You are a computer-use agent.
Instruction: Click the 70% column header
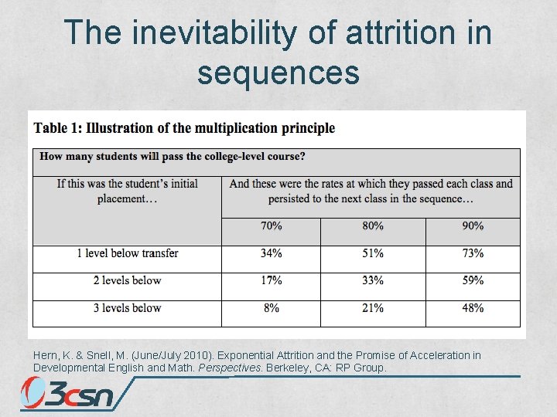click(271, 226)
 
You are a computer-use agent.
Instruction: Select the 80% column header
click(372, 226)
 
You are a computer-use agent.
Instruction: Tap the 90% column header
click(473, 226)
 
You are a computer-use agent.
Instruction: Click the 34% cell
click(271, 253)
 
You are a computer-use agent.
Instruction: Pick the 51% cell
click(372, 253)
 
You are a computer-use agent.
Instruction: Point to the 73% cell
click(473, 253)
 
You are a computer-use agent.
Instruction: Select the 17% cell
click(271, 280)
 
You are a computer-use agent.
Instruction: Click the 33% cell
click(372, 280)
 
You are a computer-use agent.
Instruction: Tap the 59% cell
click(473, 280)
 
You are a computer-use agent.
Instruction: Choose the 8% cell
click(271, 308)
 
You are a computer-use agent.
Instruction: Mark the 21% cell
click(372, 308)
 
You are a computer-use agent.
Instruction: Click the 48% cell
click(473, 308)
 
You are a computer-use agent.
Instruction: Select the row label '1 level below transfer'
click(127, 253)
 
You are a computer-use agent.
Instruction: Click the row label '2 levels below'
click(127, 280)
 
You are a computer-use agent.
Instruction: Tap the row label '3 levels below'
click(127, 308)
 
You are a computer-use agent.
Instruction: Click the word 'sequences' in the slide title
click(278, 73)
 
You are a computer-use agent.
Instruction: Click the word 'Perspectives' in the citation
click(231, 368)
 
